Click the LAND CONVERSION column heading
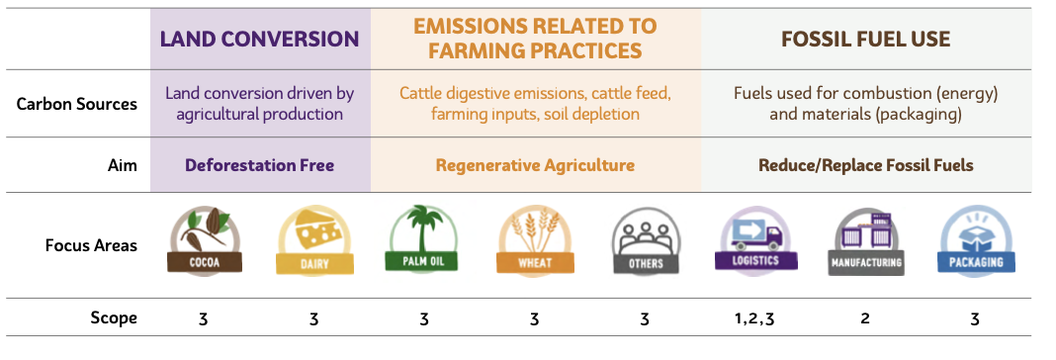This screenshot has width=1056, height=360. pos(259,39)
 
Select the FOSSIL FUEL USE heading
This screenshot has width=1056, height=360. pos(865,39)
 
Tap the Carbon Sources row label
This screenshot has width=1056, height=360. pos(77,104)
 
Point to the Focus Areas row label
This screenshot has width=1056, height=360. pos(92,245)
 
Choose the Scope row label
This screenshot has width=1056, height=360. pos(114,317)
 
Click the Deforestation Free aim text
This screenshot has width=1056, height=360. pos(259,165)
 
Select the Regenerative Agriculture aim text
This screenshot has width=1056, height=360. pos(535,165)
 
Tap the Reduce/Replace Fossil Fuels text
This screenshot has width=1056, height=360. pos(865,165)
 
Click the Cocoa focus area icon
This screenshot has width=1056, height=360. pos(204,241)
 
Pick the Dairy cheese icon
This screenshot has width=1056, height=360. pos(314,241)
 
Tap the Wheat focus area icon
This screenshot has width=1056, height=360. pos(535,240)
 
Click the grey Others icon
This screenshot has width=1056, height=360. pos(646,240)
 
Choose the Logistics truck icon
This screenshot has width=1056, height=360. pos(755,238)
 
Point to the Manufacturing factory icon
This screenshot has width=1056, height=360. pos(865,241)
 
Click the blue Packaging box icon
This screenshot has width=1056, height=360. pos(976,240)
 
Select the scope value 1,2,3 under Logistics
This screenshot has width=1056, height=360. pos(755,318)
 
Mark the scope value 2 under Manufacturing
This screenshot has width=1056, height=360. pos(865,317)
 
